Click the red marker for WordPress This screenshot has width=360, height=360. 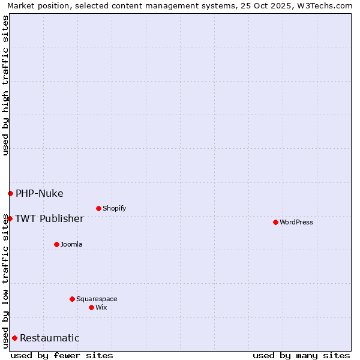point(275,222)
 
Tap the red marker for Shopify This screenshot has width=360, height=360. point(98,208)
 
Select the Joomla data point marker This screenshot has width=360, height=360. point(56,244)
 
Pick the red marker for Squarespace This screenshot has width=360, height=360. point(72,299)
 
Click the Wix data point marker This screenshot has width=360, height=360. point(91,307)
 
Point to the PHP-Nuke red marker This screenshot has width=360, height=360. point(10,193)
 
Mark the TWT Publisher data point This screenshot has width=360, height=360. point(10,218)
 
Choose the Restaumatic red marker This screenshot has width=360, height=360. point(14,338)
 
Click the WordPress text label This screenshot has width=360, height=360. point(296,222)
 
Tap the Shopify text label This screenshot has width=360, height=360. point(114,208)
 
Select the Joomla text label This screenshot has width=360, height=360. point(71,244)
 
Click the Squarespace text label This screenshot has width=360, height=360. point(97,299)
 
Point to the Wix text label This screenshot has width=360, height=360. point(101,307)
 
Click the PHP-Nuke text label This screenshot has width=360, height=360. point(40,193)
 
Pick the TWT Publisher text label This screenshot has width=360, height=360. point(49,218)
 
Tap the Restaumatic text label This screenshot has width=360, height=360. point(50,338)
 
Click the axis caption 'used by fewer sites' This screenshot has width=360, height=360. point(62,355)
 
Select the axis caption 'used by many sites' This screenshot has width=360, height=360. point(301,355)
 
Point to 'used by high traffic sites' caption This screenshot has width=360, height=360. point(5,85)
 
